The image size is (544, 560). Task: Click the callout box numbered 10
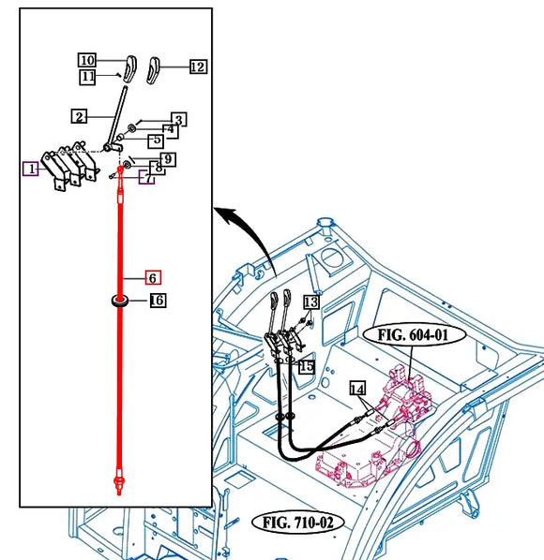87,60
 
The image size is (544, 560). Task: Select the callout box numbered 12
198,66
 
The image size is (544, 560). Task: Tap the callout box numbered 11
87,77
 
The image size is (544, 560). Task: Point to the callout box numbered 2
79,116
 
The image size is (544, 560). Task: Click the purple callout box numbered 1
31,169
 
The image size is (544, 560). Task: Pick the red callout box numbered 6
153,277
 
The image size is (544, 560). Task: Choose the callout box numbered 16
158,301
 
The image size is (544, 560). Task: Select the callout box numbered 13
311,302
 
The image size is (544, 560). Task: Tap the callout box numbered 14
357,389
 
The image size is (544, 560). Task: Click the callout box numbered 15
307,366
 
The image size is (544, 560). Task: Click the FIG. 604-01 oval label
415,335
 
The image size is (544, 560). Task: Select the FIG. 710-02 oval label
298,523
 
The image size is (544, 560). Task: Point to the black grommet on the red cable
120,301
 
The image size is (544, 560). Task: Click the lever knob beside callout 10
129,68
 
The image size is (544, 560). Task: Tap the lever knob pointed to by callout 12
154,70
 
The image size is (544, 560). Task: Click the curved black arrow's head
226,214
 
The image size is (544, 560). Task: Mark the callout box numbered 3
179,120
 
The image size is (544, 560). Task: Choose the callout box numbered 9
168,159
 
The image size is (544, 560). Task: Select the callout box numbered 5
157,140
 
